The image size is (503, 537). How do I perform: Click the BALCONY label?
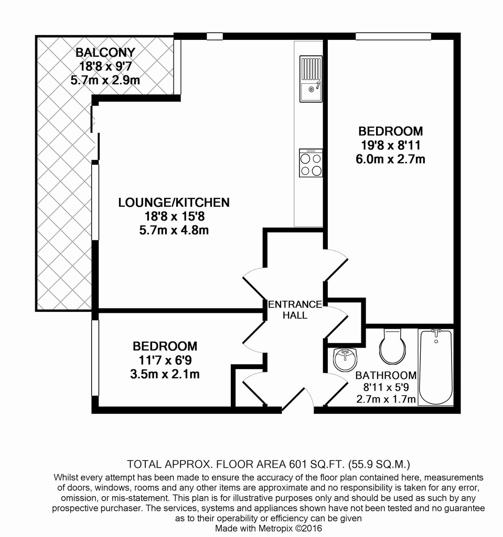105,52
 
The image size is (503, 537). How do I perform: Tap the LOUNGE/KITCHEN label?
174,203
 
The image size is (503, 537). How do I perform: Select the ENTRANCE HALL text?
295,310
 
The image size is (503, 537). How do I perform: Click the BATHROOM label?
386,375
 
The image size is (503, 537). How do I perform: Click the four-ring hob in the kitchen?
311,163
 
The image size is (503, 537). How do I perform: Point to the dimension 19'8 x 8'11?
391,146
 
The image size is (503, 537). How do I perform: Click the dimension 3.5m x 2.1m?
165,375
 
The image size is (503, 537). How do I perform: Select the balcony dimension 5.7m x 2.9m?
105,80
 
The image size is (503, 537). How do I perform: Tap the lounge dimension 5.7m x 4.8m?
174,230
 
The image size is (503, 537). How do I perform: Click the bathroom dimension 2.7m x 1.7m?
386,399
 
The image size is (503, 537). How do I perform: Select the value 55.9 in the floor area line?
364,465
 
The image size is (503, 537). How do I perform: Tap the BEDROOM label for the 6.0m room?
391,132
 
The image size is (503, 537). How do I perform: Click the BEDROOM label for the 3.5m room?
165,346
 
